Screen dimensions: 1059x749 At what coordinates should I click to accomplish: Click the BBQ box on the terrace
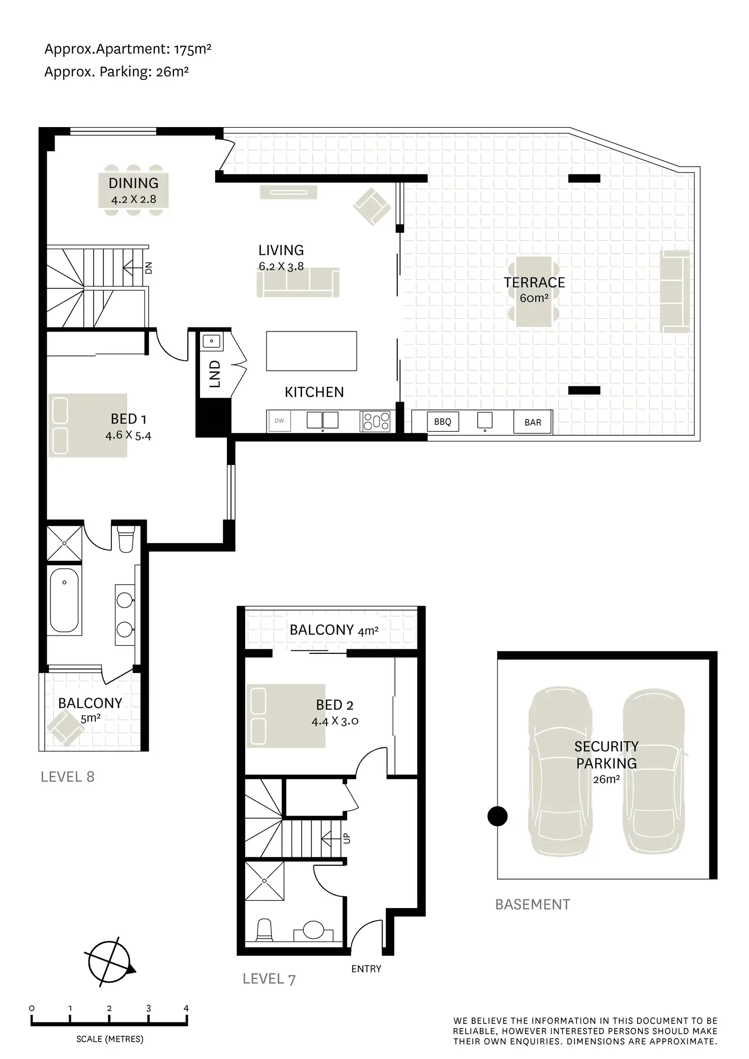click(442, 421)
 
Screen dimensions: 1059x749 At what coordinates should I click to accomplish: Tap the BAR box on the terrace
click(532, 422)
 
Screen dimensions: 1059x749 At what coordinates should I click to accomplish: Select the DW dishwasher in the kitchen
click(279, 421)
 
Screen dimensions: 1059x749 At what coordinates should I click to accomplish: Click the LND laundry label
click(215, 374)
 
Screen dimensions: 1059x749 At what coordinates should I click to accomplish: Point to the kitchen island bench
click(311, 351)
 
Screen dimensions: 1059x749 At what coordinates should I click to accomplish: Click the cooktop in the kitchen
click(376, 421)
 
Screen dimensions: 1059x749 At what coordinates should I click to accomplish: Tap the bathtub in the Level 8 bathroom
click(64, 600)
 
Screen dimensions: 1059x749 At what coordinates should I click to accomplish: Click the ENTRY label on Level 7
click(366, 969)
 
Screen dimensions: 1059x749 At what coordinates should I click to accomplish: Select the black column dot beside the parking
click(497, 816)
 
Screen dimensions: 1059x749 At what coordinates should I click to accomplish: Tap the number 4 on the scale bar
click(186, 1008)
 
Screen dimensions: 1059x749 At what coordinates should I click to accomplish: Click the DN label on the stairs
click(149, 267)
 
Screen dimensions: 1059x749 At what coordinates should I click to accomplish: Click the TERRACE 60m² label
click(534, 289)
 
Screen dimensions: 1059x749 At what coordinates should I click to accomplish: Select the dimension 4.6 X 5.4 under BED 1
click(128, 435)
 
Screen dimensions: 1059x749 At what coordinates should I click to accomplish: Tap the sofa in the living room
click(298, 283)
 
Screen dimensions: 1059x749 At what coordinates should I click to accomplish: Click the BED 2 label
click(334, 705)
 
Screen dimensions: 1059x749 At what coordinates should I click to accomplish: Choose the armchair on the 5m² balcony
click(66, 728)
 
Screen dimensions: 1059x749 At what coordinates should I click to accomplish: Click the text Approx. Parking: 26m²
click(117, 72)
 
